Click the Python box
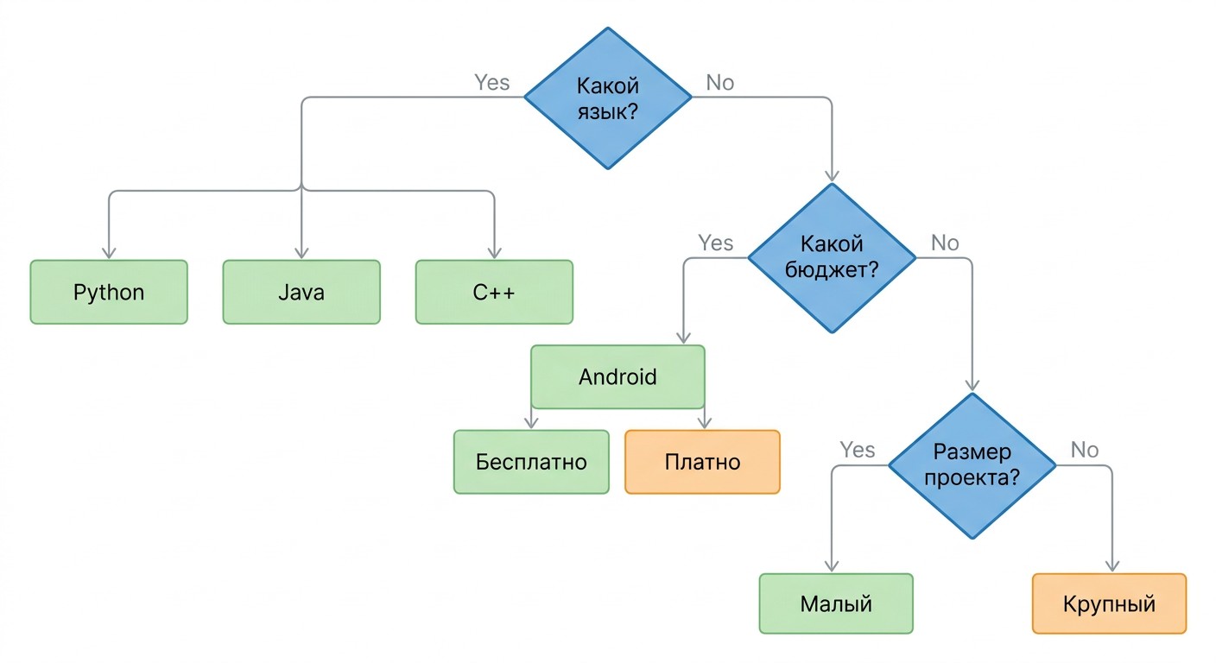click(x=109, y=292)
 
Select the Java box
click(x=301, y=292)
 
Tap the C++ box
click(x=494, y=292)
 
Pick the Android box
click(x=617, y=376)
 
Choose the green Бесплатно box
click(x=531, y=462)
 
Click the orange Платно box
click(x=702, y=462)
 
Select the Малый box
click(x=836, y=603)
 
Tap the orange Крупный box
click(x=1109, y=603)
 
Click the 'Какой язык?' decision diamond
click(x=608, y=98)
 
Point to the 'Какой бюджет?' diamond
click(x=832, y=258)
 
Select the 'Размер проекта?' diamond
click(x=972, y=465)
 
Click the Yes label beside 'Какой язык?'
click(x=491, y=83)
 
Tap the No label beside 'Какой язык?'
click(x=719, y=83)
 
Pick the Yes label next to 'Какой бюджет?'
click(x=715, y=243)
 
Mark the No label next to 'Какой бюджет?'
click(x=945, y=243)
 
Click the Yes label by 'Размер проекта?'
click(x=858, y=450)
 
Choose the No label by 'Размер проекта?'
click(x=1085, y=450)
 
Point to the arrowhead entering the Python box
click(x=109, y=253)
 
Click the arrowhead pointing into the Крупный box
click(x=1112, y=566)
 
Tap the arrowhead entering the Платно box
click(x=705, y=423)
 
